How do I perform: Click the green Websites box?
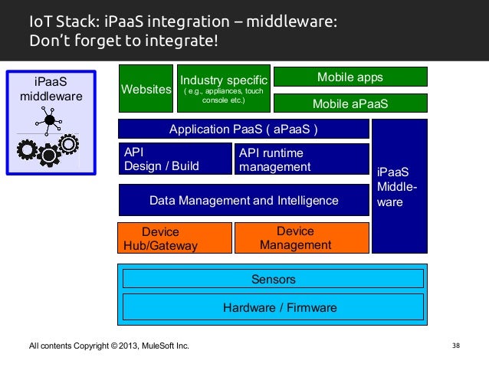coord(146,89)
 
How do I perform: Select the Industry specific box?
coord(224,89)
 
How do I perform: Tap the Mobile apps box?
coord(350,77)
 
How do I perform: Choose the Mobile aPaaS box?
coord(350,103)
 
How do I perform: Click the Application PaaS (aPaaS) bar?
coord(244,129)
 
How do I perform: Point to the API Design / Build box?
coord(176,159)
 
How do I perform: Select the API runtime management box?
coord(302,159)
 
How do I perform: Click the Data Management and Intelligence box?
coord(244,200)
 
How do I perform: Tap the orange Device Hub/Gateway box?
coord(175,238)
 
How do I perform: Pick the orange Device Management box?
coord(302,238)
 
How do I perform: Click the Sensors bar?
coord(273,279)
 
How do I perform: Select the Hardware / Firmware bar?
coord(273,307)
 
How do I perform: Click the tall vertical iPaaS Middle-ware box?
coord(399,186)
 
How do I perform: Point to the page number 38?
coord(456,346)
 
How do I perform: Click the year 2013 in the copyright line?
coord(128,346)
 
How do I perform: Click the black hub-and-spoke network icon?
coord(48,120)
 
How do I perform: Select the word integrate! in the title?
coord(182,41)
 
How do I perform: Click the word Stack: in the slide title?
coord(77,21)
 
